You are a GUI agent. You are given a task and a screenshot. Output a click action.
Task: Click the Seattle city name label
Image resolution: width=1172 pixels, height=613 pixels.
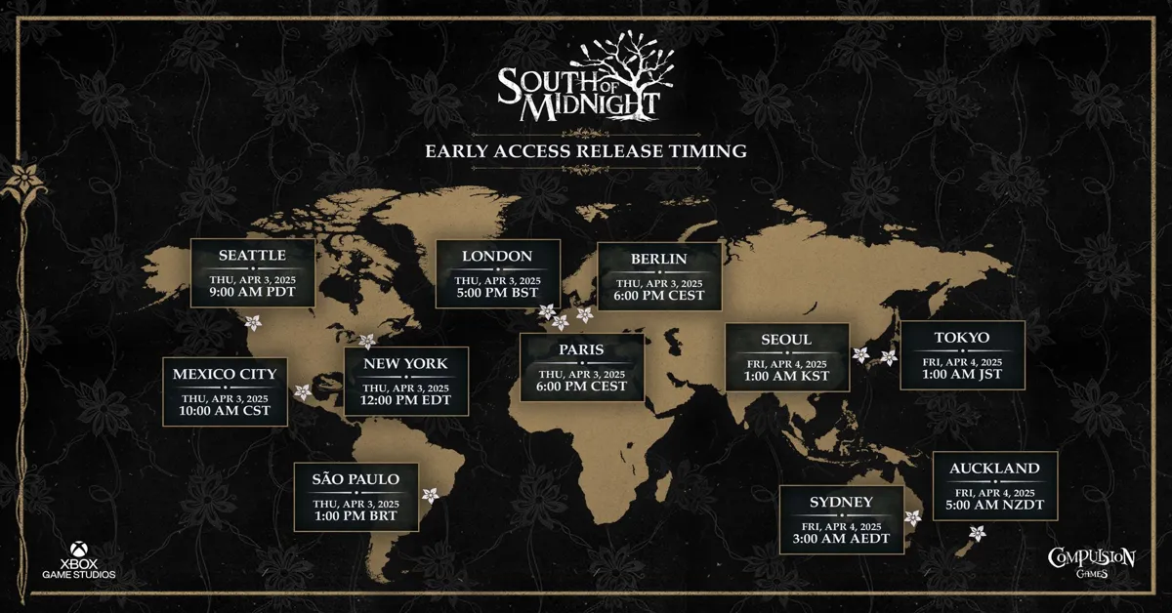pos(252,256)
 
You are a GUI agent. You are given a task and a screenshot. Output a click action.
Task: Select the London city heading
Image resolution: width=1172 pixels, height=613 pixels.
pos(497,257)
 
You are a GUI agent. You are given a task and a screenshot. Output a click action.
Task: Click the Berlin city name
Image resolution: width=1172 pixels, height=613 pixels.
pos(659,260)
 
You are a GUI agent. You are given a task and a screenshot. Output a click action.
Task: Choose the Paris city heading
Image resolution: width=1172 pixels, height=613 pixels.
pos(582,349)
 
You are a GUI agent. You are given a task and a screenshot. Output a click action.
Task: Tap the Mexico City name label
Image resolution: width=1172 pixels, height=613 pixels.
pos(225,374)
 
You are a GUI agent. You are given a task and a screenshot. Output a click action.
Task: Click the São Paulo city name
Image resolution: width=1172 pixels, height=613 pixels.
pos(356,479)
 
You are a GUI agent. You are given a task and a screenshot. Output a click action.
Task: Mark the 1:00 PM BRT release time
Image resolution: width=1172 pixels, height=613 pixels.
pos(356,515)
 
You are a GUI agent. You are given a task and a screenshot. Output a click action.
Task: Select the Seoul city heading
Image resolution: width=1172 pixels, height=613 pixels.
pos(786,340)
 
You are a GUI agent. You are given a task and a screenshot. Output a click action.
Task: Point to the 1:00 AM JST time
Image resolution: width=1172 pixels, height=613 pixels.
pos(962,375)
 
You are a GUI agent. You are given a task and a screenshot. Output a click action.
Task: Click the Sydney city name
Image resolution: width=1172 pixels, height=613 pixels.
pos(841,503)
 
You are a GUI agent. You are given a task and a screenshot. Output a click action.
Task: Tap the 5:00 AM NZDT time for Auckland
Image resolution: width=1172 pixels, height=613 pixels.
pos(995,505)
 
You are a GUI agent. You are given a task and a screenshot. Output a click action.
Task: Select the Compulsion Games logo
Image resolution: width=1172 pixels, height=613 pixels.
pos(1091,562)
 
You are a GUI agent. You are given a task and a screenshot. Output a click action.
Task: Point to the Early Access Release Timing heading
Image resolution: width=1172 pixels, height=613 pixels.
pos(586,151)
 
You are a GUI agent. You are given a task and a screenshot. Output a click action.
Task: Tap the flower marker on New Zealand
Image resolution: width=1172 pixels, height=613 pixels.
pos(977,533)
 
